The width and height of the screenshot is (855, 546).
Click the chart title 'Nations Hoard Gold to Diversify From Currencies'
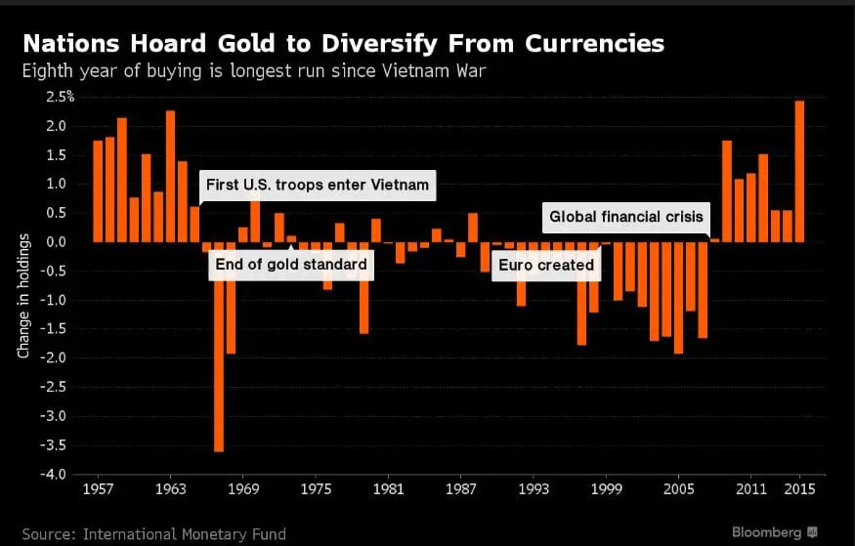pos(343,44)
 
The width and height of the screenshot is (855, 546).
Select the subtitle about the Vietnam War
pos(256,70)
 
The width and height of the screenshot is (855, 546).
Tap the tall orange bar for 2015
pos(800,171)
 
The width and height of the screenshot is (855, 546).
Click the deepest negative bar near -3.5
pos(219,347)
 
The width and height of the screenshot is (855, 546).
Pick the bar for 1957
pos(98,191)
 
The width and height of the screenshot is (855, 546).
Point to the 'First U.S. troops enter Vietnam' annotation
pos(317,185)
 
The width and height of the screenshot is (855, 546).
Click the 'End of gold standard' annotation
pos(291,264)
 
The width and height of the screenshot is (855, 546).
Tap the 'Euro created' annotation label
pos(545,265)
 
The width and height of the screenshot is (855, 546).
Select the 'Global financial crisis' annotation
pos(626,218)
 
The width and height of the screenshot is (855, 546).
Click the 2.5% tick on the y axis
pos(60,97)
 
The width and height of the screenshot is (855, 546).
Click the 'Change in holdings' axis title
pos(23,296)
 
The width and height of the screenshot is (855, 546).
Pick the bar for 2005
pos(678,297)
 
